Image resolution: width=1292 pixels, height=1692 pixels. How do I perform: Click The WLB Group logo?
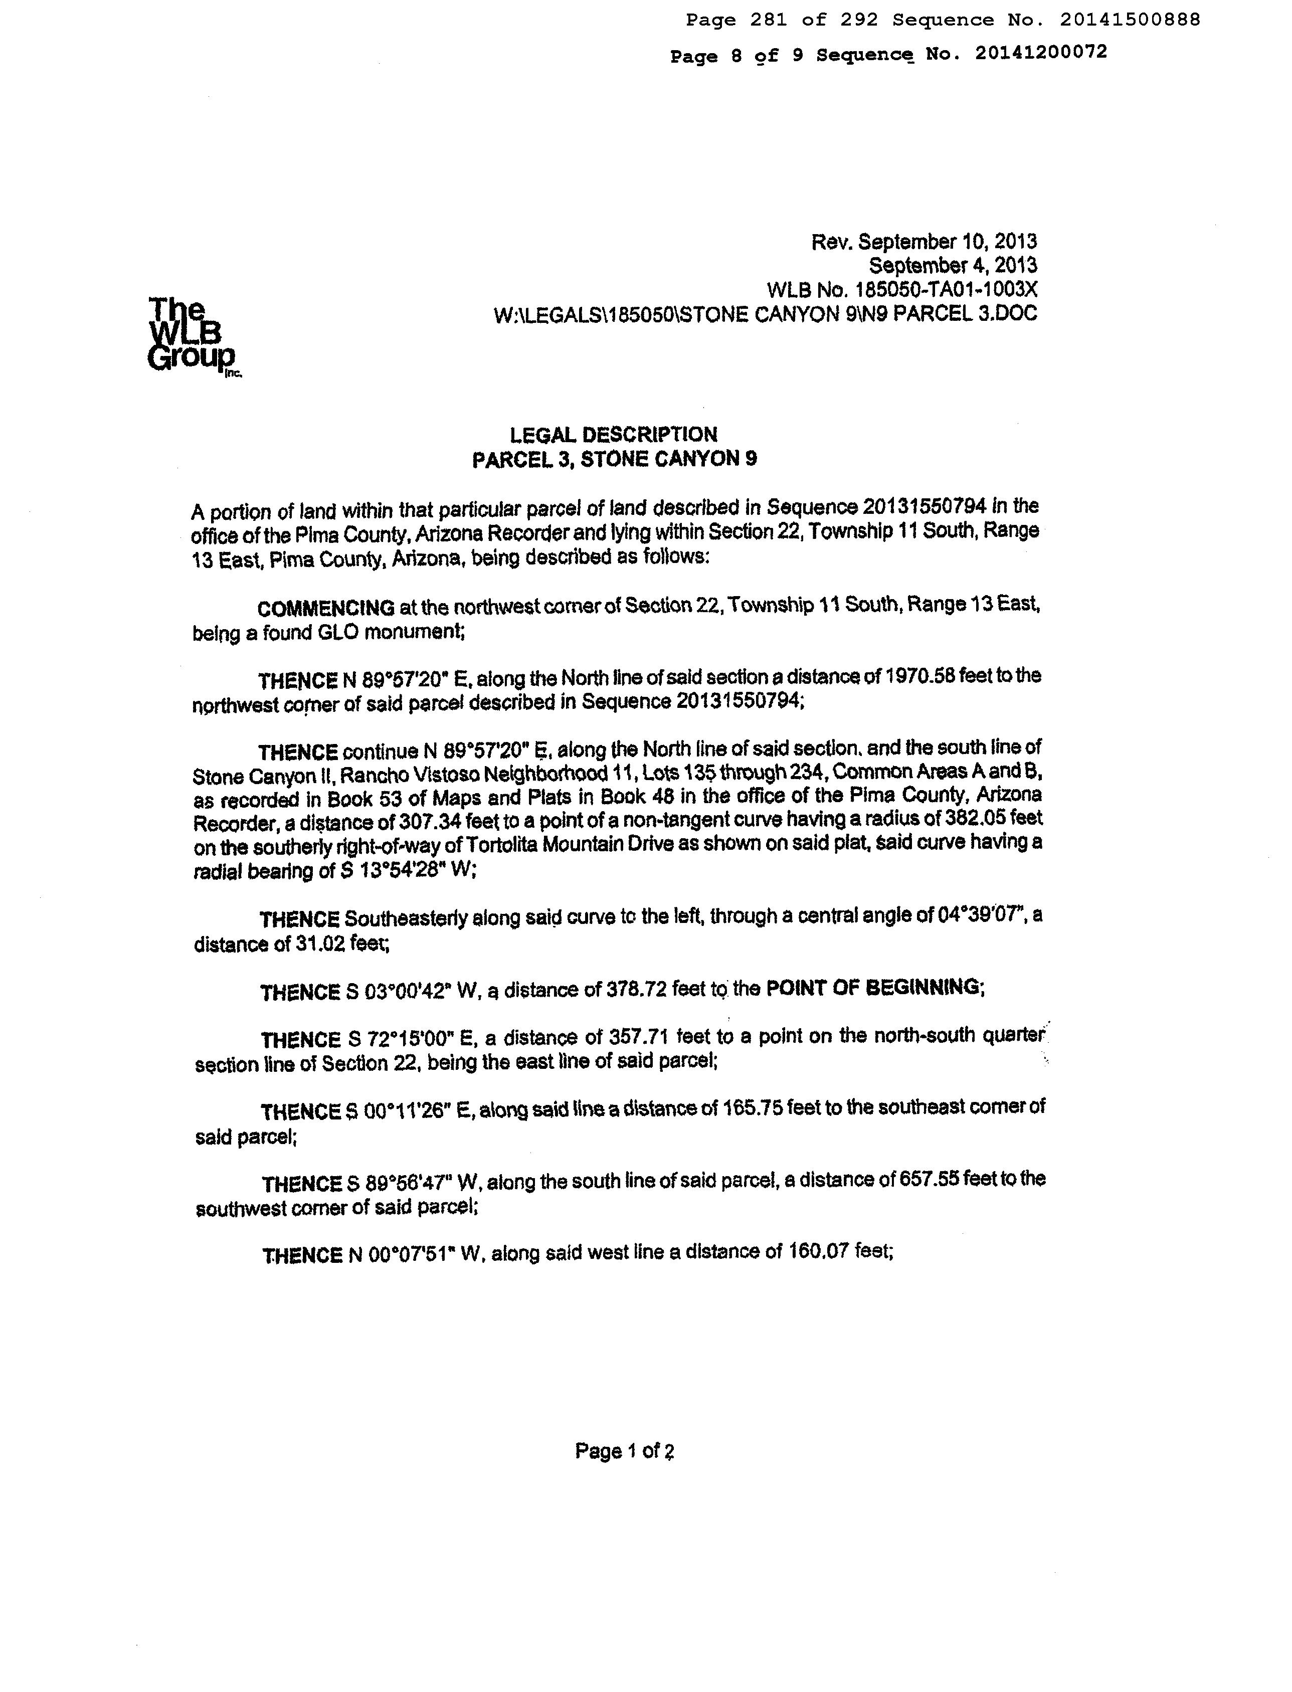tap(192, 336)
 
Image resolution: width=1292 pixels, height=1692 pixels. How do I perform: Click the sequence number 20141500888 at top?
tap(1129, 20)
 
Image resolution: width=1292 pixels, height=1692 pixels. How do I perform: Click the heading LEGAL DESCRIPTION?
tap(614, 435)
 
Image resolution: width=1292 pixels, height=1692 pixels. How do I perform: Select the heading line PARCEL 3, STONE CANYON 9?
tap(614, 459)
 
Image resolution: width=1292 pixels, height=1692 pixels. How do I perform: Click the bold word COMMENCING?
tap(326, 608)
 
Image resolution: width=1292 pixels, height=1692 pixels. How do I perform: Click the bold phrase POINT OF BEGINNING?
tap(874, 988)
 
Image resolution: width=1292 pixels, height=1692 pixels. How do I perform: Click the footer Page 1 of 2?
tap(625, 1451)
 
